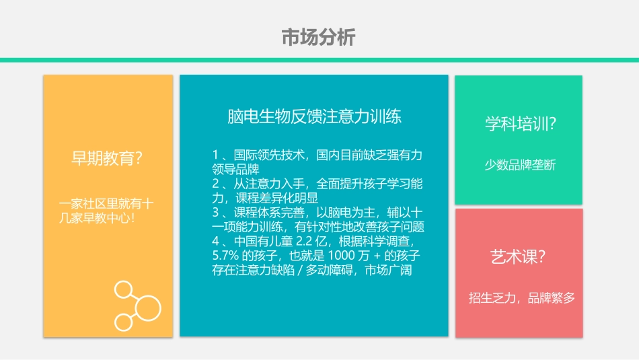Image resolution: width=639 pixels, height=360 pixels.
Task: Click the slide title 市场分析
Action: click(318, 38)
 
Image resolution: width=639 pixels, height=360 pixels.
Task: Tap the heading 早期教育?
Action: click(107, 159)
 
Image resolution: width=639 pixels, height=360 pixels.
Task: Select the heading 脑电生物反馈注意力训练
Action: click(314, 116)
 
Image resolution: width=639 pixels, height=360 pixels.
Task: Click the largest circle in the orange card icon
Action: click(147, 308)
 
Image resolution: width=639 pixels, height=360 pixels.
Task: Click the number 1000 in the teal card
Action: click(340, 256)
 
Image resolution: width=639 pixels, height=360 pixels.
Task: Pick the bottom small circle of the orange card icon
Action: click(123, 322)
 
